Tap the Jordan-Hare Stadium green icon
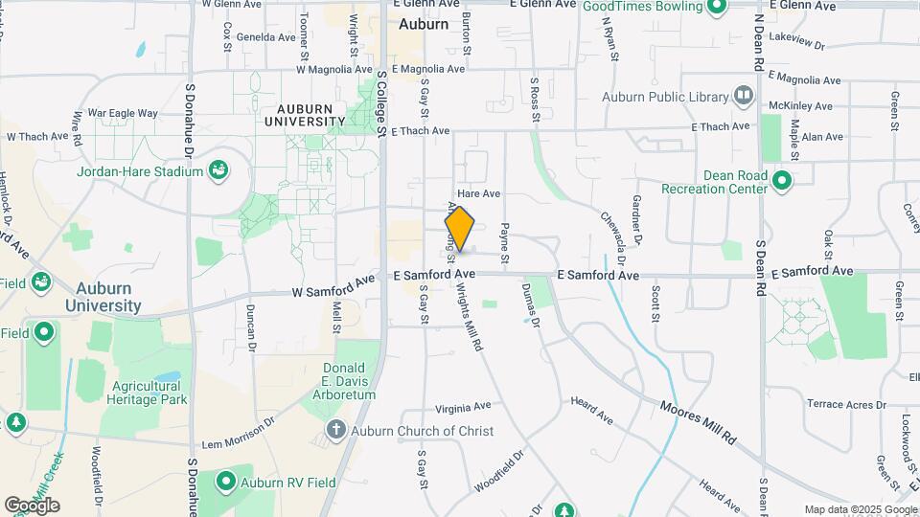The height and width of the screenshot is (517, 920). (x=218, y=171)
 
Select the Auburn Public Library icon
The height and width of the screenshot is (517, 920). (x=744, y=96)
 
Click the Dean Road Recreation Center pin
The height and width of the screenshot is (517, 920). (x=782, y=180)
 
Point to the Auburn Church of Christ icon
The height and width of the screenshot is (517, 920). (x=335, y=431)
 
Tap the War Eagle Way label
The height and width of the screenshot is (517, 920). (x=122, y=113)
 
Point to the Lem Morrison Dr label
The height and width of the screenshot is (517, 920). (x=239, y=433)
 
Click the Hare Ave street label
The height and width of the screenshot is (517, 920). (x=479, y=193)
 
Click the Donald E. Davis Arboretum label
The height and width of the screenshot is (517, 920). (x=343, y=381)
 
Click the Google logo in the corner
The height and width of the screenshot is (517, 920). (x=32, y=505)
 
